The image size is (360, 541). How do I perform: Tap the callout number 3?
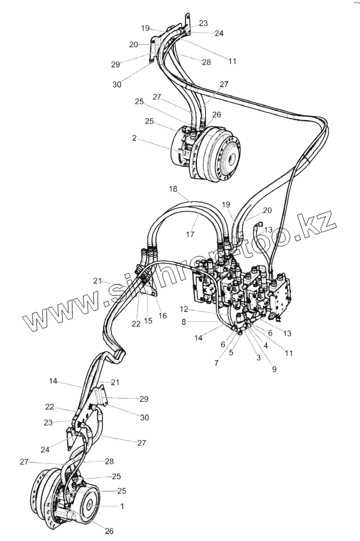pyautogui.click(x=258, y=357)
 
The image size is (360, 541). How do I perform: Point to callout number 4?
pyautogui.click(x=265, y=346)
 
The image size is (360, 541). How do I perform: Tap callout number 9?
pyautogui.click(x=274, y=370)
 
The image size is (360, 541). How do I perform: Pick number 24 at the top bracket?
pyautogui.click(x=219, y=33)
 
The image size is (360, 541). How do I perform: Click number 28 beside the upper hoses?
pyautogui.click(x=206, y=62)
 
